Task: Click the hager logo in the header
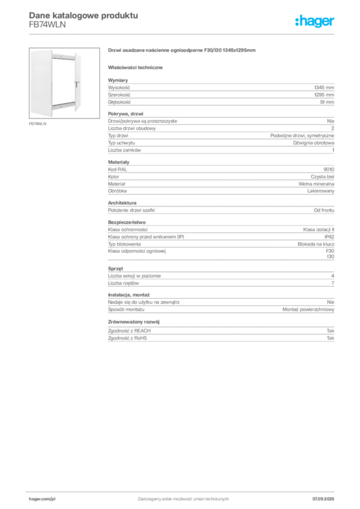[x=315, y=21]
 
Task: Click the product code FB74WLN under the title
[x=47, y=25]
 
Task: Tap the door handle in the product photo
[x=77, y=84]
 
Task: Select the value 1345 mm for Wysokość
[x=324, y=87]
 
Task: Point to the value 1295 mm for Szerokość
[x=324, y=95]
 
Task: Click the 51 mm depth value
[x=327, y=102]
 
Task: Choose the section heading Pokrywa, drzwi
[x=125, y=114]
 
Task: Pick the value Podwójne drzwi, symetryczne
[x=302, y=136]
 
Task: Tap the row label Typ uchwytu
[x=121, y=143]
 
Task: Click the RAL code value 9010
[x=329, y=170]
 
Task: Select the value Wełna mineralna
[x=317, y=184]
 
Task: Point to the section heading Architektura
[x=122, y=203]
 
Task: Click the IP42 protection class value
[x=330, y=237]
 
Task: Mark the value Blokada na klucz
[x=316, y=244]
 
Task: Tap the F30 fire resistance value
[x=330, y=251]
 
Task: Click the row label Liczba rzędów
[x=123, y=283]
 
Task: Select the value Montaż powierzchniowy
[x=308, y=310]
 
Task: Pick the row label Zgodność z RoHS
[x=127, y=338]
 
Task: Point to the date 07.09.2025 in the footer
[x=323, y=499]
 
